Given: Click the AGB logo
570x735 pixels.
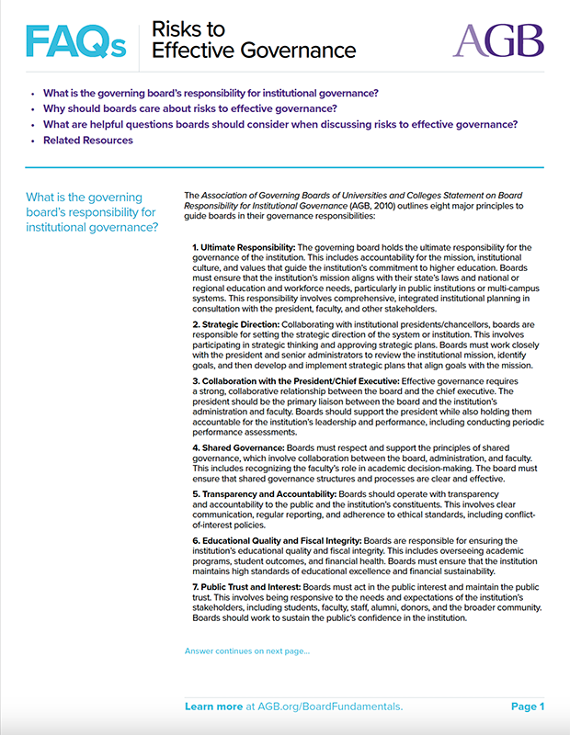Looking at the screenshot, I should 498,40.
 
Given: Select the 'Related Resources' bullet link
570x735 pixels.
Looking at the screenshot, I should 88,141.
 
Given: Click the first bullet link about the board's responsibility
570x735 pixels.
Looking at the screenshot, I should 211,94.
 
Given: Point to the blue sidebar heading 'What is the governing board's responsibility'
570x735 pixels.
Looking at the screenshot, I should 92,212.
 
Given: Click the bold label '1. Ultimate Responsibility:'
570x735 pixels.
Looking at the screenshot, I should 244,248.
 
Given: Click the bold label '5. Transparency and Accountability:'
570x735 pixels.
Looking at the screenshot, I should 264,493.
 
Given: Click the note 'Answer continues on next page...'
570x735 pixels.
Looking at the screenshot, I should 247,651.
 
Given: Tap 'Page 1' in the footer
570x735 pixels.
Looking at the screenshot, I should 528,707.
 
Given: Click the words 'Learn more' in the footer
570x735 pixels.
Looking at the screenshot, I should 213,707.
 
